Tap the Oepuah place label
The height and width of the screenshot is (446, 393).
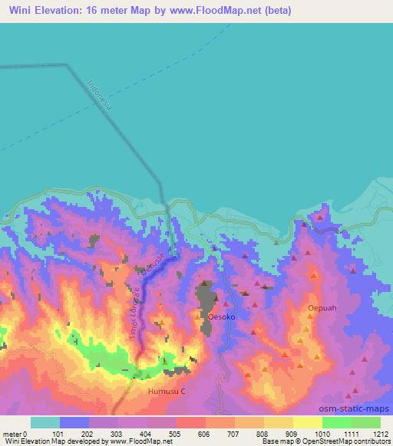(x=321, y=308)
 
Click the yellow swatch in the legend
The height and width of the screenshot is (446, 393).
(x=307, y=422)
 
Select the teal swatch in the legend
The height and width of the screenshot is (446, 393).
(x=45, y=422)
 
